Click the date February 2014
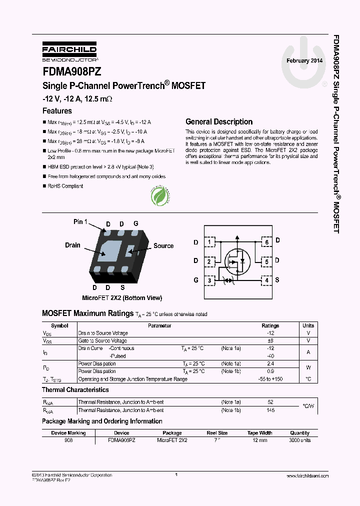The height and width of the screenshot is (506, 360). click(304, 60)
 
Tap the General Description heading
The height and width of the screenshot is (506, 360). click(219, 121)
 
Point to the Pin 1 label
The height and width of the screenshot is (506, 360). click(80, 222)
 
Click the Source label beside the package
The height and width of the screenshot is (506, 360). click(163, 245)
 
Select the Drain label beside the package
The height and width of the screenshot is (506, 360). click(72, 245)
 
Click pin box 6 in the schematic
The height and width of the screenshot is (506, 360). click(266, 242)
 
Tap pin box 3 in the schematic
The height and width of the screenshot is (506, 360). click(210, 280)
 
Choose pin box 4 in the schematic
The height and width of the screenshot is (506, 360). click(266, 280)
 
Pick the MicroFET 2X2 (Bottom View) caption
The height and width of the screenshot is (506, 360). click(122, 298)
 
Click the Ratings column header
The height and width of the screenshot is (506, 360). click(270, 325)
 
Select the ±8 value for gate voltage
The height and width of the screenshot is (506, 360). click(271, 340)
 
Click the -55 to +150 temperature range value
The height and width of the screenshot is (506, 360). click(270, 379)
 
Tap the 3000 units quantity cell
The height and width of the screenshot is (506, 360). click(299, 440)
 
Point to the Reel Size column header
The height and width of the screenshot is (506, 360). click(217, 433)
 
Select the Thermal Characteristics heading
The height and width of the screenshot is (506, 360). click(75, 389)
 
